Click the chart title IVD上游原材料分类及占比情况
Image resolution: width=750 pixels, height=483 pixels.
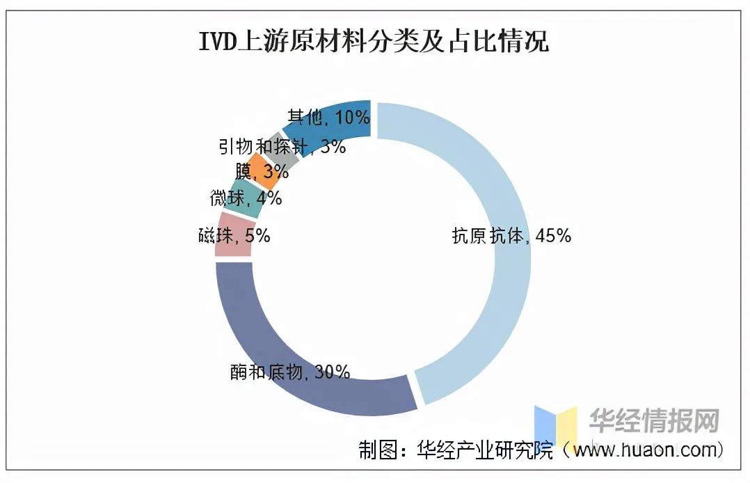click(x=374, y=42)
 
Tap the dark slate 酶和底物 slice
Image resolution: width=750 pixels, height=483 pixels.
click(x=278, y=362)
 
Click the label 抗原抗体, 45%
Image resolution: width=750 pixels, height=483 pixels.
click(x=511, y=236)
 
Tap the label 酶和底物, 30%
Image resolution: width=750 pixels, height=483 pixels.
click(x=289, y=372)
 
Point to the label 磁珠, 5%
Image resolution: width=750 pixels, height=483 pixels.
click(x=233, y=236)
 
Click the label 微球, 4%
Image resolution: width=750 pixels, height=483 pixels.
click(x=246, y=198)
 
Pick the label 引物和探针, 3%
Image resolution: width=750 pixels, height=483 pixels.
click(x=282, y=146)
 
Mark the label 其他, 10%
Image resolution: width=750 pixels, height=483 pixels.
click(x=328, y=117)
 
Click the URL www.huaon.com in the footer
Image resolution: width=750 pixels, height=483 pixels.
click(x=644, y=450)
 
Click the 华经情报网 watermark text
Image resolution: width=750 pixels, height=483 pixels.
click(x=654, y=420)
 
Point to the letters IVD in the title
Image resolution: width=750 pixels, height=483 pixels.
click(x=218, y=42)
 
